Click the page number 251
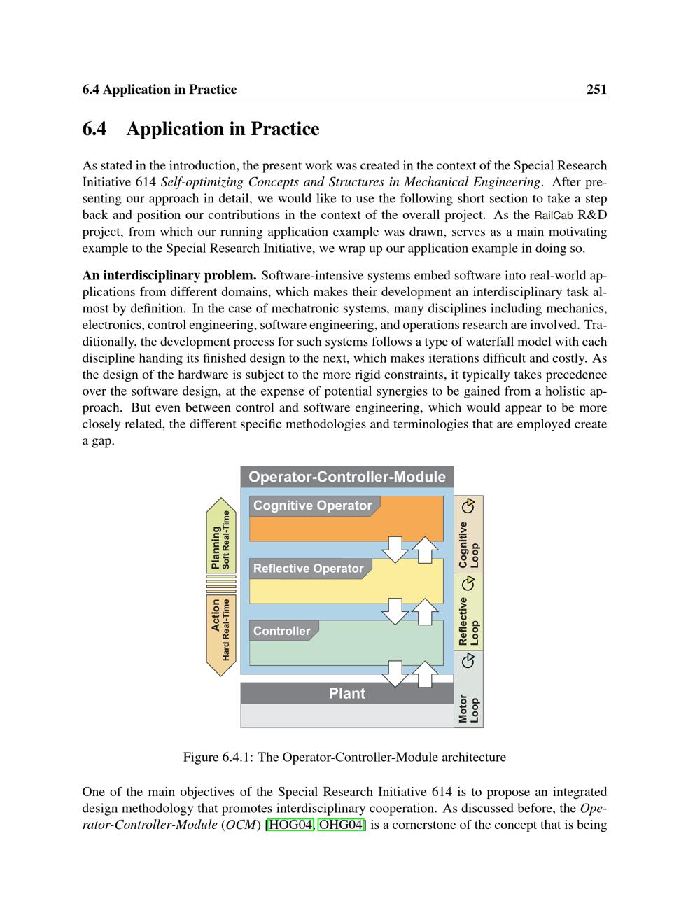click(x=596, y=90)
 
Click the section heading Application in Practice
click(x=223, y=130)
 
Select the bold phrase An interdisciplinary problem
click(x=169, y=276)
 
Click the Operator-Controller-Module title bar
click(x=347, y=477)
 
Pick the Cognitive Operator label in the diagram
click(x=313, y=506)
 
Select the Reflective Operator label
click(x=309, y=569)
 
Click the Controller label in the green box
click(x=282, y=631)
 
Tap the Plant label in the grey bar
click(x=347, y=693)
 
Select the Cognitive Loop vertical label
click(x=468, y=545)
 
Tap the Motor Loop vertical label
click(x=468, y=709)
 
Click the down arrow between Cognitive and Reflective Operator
click(x=395, y=549)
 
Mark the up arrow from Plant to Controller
click(x=424, y=674)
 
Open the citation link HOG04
click(x=290, y=825)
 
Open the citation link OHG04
click(x=342, y=825)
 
